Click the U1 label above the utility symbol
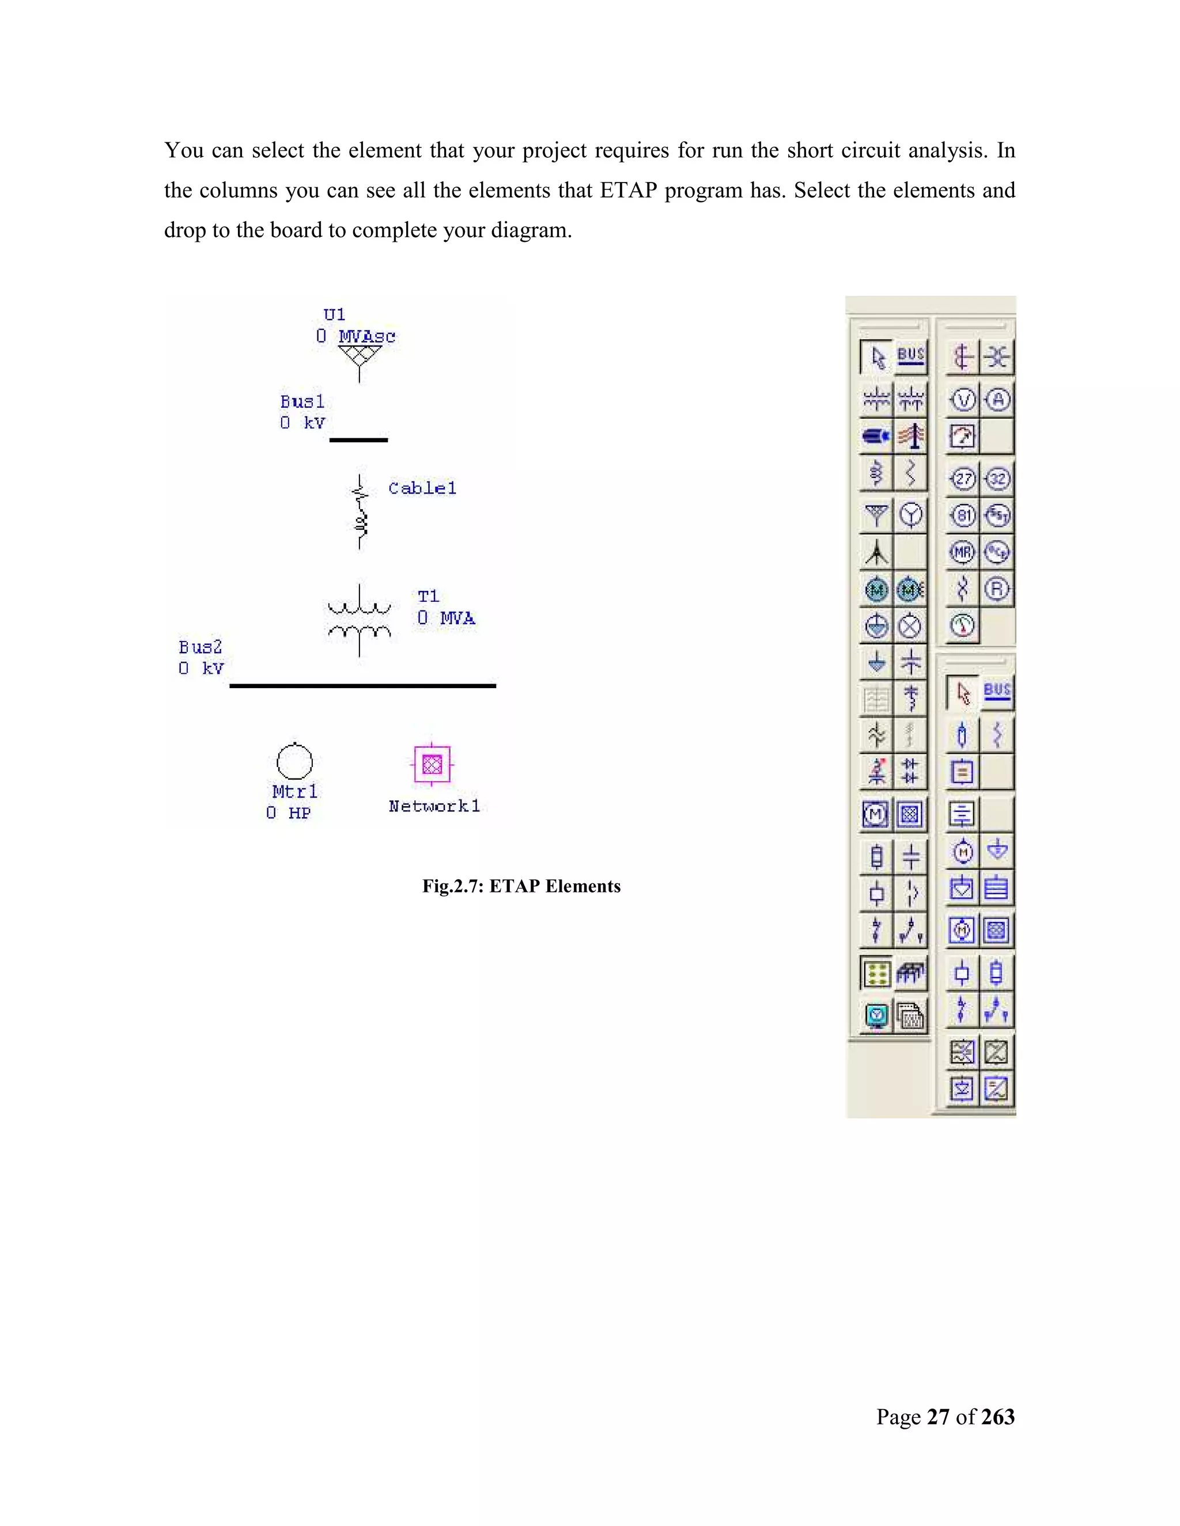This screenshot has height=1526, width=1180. pos(334,314)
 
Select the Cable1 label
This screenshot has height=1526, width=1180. pos(422,488)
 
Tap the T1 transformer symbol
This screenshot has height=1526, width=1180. pos(360,620)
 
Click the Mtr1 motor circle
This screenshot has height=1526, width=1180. pos(294,761)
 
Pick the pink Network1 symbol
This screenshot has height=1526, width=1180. pos(432,764)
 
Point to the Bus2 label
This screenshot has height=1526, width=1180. pos(200,647)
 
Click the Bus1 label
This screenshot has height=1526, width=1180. pos(302,402)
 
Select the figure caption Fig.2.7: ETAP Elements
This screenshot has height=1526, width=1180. pos(521,886)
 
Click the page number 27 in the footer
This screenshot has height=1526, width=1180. pos(937,1417)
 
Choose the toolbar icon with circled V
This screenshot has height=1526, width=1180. pos(963,400)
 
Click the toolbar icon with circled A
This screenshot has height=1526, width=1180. pos(997,400)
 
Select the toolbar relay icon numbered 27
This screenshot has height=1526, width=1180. pos(963,479)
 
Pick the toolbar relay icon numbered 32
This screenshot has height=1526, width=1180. pos(997,479)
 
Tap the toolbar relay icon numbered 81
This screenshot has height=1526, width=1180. pos(963,515)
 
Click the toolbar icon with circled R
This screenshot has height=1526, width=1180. pos(997,589)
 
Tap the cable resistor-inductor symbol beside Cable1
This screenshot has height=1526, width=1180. pos(360,512)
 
